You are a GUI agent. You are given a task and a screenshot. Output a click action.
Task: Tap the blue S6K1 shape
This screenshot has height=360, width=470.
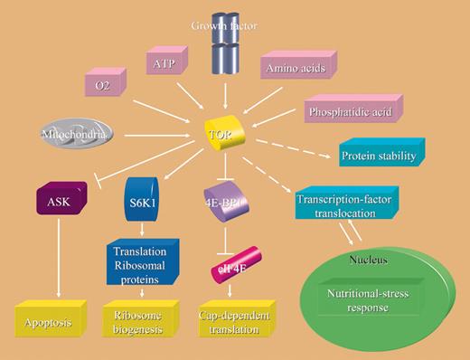[x=141, y=194]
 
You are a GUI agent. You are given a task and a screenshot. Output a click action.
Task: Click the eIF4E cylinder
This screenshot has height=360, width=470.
[x=232, y=267]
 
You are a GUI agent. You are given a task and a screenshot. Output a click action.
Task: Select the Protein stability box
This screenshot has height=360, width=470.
[x=377, y=156]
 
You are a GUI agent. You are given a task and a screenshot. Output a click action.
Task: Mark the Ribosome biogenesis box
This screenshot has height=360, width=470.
[x=140, y=320]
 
